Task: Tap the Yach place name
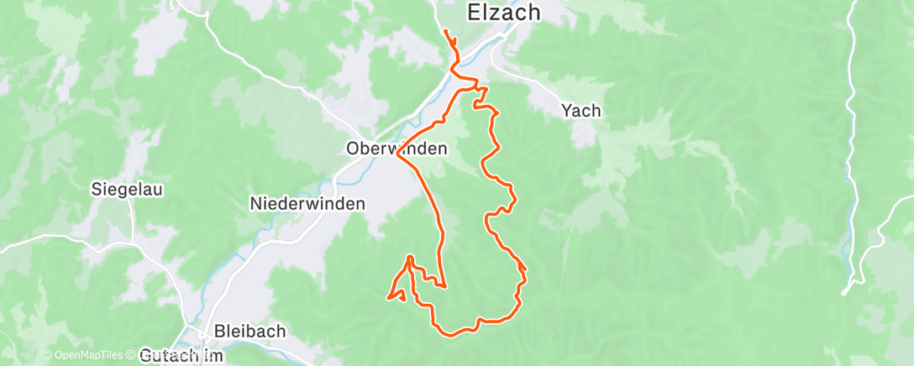pos(581,110)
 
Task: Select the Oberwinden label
pos(397,149)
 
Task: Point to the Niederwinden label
pos(307,203)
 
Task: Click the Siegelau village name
pos(127,190)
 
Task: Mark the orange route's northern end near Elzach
pos(444,32)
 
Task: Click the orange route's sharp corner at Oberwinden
pos(397,156)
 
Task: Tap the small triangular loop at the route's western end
pos(397,295)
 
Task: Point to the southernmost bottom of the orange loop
pos(451,336)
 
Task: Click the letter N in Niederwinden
pos(255,203)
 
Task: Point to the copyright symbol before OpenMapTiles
pos(46,355)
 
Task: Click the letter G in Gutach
pos(144,355)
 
